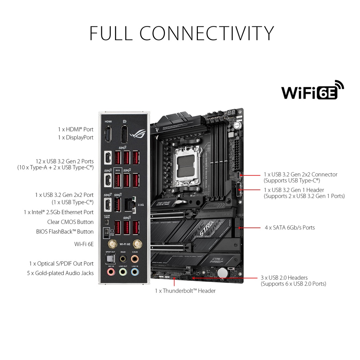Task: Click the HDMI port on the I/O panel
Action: (x=108, y=135)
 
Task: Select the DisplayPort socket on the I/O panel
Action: (x=124, y=135)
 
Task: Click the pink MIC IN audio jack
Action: (x=110, y=272)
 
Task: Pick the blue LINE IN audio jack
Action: (x=135, y=272)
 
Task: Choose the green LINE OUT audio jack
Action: (x=122, y=272)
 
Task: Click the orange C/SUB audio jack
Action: (x=135, y=259)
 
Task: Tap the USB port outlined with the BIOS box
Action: (x=118, y=180)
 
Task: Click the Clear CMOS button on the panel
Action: (x=107, y=222)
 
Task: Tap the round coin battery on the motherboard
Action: (x=222, y=273)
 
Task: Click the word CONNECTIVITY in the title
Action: (x=207, y=33)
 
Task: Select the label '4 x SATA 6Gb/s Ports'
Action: (x=290, y=227)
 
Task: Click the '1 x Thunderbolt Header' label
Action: (x=185, y=291)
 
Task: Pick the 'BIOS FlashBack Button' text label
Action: (x=65, y=232)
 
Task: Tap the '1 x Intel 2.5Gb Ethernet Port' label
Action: (x=58, y=212)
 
